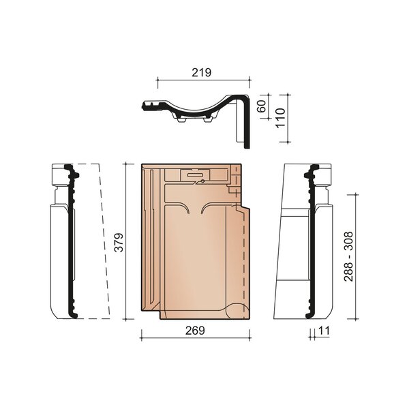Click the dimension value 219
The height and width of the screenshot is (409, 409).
201,73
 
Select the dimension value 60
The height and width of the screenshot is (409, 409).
262,106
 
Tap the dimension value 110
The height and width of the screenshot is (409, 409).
280,118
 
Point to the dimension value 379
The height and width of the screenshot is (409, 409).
119,242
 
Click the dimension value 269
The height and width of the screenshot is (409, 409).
195,331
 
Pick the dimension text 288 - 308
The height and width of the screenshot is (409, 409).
348,256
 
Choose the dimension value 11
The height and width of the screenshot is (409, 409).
324,331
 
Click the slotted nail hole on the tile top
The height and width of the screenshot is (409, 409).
196,175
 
